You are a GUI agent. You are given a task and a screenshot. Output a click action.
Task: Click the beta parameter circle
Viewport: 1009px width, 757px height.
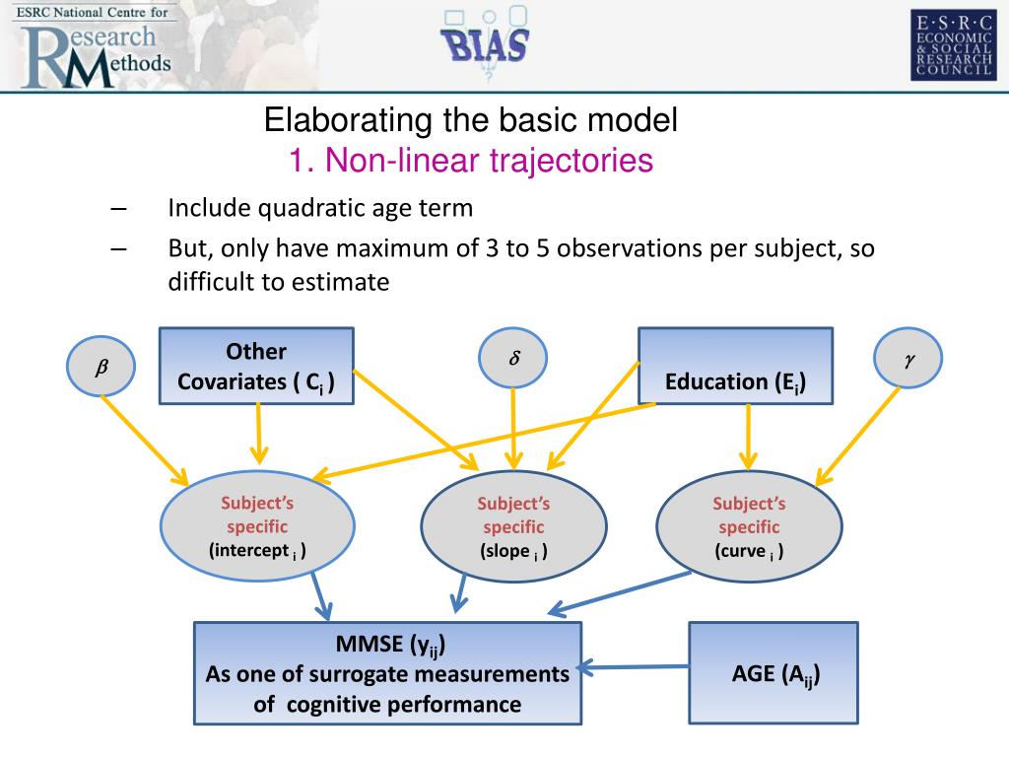pos(101,368)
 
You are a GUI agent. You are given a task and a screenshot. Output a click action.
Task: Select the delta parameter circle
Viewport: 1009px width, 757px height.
pos(512,360)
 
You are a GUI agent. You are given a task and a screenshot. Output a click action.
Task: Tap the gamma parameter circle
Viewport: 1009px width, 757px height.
pos(908,361)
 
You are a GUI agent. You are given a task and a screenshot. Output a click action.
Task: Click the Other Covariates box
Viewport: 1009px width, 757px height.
pos(256,367)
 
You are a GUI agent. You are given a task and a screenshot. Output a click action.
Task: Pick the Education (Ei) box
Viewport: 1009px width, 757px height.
pos(735,366)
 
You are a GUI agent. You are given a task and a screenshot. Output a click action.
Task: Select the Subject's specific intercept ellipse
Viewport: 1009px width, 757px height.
pos(257,526)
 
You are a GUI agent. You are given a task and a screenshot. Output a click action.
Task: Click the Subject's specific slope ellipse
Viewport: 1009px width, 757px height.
pos(513,528)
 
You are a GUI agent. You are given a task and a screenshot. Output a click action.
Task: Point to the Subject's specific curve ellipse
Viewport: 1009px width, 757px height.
pos(749,527)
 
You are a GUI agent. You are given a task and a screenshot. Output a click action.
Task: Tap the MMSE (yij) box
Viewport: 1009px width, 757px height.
pos(387,674)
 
